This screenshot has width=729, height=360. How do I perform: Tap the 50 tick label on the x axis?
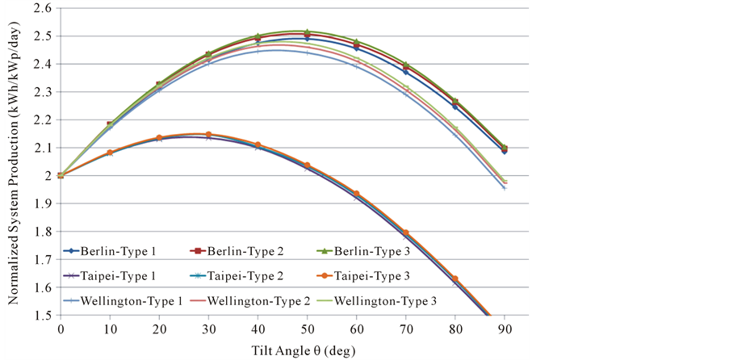[308, 330]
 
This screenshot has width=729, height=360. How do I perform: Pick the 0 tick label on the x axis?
[61, 330]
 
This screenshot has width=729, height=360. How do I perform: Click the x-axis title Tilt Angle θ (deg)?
[295, 350]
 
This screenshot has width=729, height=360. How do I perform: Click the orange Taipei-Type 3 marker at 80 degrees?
[455, 278]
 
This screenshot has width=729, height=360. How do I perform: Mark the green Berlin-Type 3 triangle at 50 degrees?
[308, 31]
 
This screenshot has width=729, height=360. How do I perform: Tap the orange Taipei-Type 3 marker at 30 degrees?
[208, 134]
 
